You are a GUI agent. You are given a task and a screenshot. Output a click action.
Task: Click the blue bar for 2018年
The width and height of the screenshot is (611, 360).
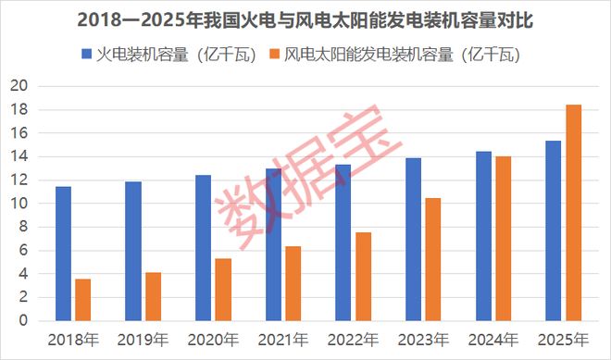pyautogui.click(x=63, y=254)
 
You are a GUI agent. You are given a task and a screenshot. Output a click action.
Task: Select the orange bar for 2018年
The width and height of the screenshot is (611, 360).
pyautogui.click(x=83, y=300)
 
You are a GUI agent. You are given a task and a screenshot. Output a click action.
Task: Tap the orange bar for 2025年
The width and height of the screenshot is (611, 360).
pyautogui.click(x=574, y=213)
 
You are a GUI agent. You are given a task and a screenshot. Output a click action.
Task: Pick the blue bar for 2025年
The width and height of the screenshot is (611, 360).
pyautogui.click(x=554, y=230)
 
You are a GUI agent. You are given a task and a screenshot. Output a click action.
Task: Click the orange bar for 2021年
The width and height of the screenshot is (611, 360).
pyautogui.click(x=293, y=283)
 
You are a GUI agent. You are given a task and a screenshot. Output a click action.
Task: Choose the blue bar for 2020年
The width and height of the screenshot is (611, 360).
pyautogui.click(x=204, y=248)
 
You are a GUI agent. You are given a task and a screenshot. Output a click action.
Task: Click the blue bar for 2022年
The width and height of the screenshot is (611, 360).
pyautogui.click(x=343, y=242)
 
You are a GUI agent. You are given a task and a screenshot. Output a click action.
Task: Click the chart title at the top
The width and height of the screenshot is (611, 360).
pyautogui.click(x=305, y=19)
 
